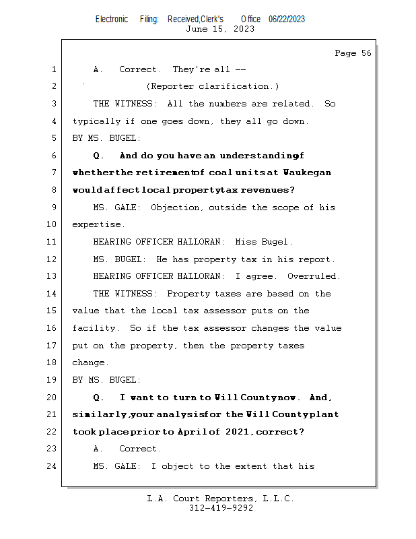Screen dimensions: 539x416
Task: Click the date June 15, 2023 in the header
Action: click(x=220, y=28)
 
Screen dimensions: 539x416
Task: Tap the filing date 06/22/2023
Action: click(x=286, y=19)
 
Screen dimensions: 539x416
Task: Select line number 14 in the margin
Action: click(x=53, y=294)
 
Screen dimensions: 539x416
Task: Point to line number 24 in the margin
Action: click(x=53, y=466)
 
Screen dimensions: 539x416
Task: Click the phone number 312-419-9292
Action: click(x=221, y=508)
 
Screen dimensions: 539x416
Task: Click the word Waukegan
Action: click(x=307, y=172)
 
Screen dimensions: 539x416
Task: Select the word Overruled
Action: click(x=314, y=276)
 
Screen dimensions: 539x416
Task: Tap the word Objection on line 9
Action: click(x=176, y=208)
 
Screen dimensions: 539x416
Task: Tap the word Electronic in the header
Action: click(x=112, y=19)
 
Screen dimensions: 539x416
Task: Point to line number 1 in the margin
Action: click(x=53, y=69)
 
